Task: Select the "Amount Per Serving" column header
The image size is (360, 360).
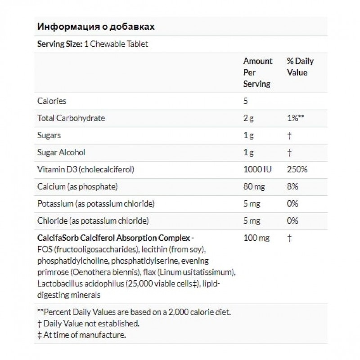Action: pyautogui.click(x=257, y=72)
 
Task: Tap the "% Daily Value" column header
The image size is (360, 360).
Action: pyautogui.click(x=300, y=67)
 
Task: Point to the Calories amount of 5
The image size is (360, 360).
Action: pyautogui.click(x=246, y=101)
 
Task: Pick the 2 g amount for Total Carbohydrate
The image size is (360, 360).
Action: pyautogui.click(x=248, y=118)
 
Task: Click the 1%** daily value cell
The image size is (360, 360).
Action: pyautogui.click(x=296, y=118)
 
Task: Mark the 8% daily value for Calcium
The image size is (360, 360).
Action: pyautogui.click(x=292, y=186)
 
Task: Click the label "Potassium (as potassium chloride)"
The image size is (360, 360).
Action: pyautogui.click(x=96, y=203)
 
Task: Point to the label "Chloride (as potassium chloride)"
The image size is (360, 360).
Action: pyautogui.click(x=93, y=220)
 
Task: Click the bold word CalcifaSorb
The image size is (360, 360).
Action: pyautogui.click(x=57, y=238)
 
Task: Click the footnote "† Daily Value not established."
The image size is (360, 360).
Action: pyautogui.click(x=88, y=323)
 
